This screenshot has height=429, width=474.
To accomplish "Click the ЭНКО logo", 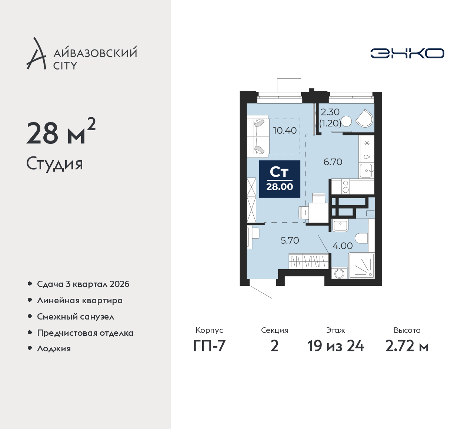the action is tap(407, 53).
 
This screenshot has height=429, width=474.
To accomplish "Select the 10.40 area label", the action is tap(285, 130).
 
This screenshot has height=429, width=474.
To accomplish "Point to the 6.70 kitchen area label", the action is tap(333, 162).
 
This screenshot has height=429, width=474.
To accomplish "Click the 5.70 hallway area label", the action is tap(290, 240).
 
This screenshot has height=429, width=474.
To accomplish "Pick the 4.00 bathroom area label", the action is tap(343, 246).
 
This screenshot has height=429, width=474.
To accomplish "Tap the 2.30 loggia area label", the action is tap(330, 112).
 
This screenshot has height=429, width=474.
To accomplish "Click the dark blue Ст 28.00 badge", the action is tap(280, 179).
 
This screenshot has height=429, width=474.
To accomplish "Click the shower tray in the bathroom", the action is tap(361, 266).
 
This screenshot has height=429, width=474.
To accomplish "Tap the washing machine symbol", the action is tap(339, 273).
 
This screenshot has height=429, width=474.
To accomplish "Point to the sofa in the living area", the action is tap(258, 136).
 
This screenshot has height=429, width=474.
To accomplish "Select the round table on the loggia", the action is tap(346, 122).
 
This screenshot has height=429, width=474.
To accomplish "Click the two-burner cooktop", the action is tap(346, 186).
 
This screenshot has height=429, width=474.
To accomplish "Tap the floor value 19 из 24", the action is tap(336, 346).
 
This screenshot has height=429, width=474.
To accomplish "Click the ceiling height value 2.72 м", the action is tap(407, 346).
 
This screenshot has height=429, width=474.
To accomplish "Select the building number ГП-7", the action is tap(209, 346).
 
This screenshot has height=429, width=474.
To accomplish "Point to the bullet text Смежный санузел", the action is tap(76, 317).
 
